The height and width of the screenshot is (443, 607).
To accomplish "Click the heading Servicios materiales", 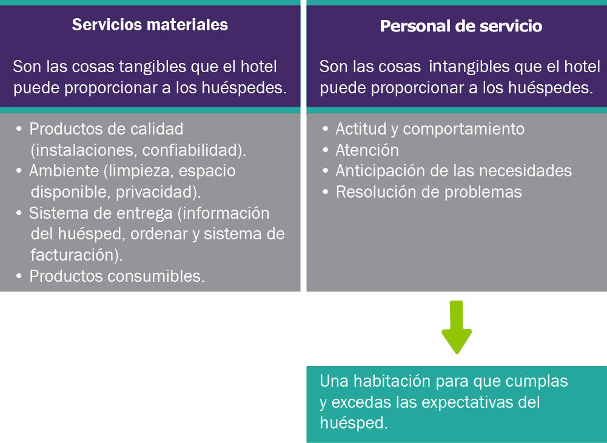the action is coord(150,25).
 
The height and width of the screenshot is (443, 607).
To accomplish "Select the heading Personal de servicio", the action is coord(461,26).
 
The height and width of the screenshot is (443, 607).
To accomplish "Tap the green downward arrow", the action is coord(457,327).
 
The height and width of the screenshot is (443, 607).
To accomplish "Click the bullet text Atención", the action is coord(367,150).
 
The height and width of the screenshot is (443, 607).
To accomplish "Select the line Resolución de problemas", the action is coord(429,192).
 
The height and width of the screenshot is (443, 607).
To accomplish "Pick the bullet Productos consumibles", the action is coord(117,276).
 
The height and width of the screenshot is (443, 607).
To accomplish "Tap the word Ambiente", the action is coord(64,171).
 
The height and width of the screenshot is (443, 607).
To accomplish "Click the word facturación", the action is coord(73,255).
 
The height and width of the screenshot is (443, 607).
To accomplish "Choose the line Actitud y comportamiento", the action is coord(430,129).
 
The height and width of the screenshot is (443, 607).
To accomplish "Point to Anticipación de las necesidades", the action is coord(454,171).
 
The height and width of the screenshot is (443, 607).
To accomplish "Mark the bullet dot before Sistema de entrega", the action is coord(19,213).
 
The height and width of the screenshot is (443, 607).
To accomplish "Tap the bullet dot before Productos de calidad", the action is coord(19,128).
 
